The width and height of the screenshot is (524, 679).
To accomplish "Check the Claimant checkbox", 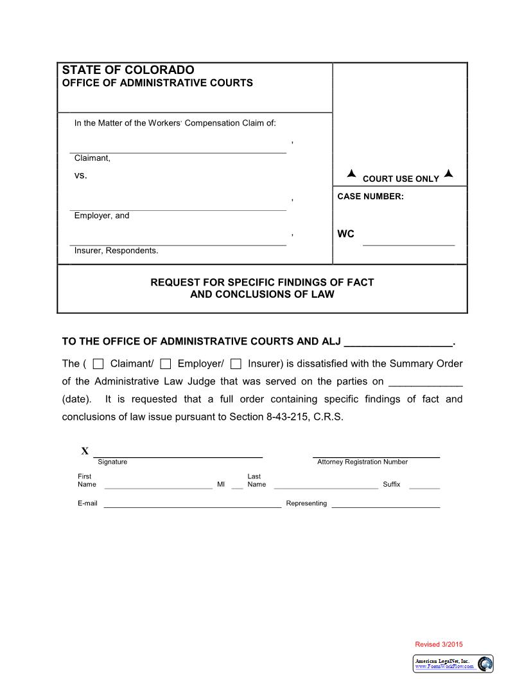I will [x=98, y=364].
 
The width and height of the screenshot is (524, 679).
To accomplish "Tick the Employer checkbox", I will [x=166, y=364].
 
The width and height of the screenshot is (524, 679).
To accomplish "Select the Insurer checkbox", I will [x=236, y=364].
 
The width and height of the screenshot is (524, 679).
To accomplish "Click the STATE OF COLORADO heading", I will [x=128, y=70].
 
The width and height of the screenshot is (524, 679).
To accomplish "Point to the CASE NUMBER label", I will [x=371, y=197].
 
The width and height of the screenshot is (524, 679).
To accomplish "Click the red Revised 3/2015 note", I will [x=439, y=644].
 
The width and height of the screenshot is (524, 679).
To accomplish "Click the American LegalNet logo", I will [x=453, y=664].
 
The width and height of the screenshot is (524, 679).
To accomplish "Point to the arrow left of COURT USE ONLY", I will [x=351, y=174].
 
